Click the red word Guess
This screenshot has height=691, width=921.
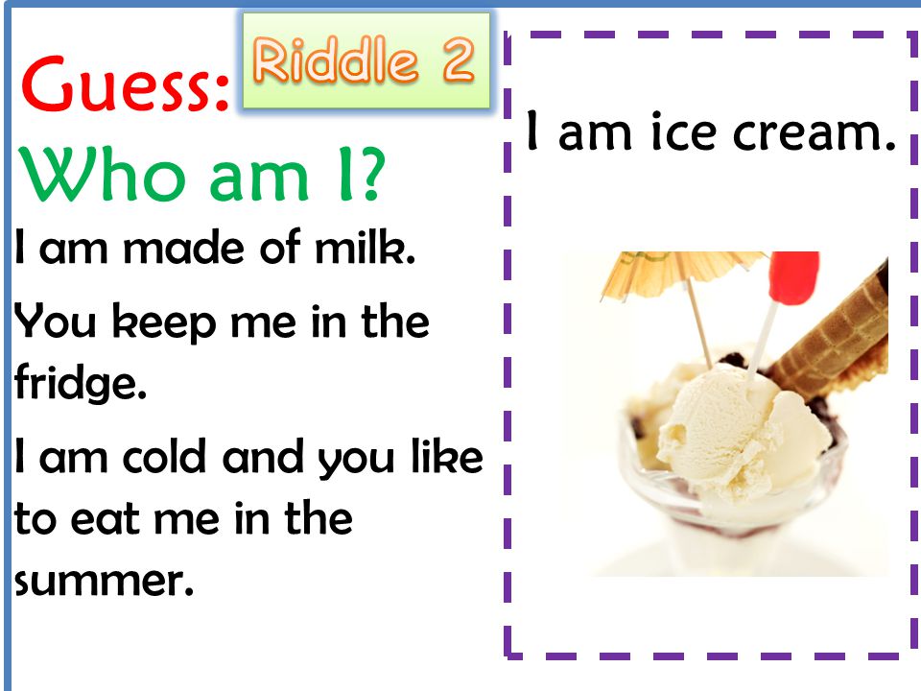tap(117, 83)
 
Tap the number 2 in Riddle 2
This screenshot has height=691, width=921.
tap(459, 59)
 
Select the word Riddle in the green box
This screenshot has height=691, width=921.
tap(336, 59)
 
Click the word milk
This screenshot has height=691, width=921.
tap(365, 247)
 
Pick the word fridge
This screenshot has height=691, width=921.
tap(80, 383)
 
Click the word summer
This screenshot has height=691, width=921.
tap(104, 582)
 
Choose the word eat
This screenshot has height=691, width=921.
tap(106, 519)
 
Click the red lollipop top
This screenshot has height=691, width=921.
tap(794, 277)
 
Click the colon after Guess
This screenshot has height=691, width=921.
tap(222, 92)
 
